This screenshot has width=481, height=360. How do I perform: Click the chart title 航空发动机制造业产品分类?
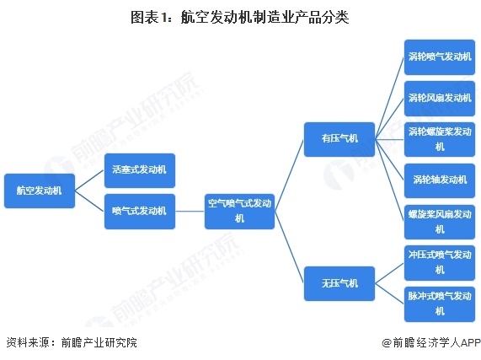[x=240, y=17]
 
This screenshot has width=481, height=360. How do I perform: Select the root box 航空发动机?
[x=40, y=191]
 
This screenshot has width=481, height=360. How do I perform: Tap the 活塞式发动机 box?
[x=140, y=170]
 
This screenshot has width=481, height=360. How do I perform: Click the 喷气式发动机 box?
[x=140, y=212]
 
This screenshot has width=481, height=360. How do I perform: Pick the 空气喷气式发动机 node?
[x=239, y=212]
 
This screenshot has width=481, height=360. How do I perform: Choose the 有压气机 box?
[x=339, y=139]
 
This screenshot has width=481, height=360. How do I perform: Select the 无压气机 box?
[x=339, y=283]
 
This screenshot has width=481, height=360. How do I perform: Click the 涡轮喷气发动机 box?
[x=440, y=57]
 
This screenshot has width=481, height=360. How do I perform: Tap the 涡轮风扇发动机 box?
[x=440, y=99]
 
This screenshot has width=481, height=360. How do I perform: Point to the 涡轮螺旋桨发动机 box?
[x=440, y=139]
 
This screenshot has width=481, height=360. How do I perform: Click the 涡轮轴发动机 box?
[x=440, y=180]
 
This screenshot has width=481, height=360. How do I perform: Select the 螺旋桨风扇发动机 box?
[x=440, y=222]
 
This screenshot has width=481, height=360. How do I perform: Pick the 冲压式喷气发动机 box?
[x=440, y=263]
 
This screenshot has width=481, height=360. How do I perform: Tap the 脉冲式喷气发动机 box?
[x=440, y=304]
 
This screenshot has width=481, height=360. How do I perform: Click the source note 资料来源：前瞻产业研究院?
[x=72, y=342]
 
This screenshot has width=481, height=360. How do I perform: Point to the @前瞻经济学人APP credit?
[x=431, y=342]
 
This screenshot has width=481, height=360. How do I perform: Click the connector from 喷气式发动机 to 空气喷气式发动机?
[x=190, y=212]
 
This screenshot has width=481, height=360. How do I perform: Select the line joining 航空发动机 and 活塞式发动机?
[x=89, y=180]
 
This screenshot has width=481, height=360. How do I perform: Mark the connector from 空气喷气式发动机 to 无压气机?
[x=289, y=247]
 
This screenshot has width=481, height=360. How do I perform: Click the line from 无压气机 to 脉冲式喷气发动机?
[x=389, y=293]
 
